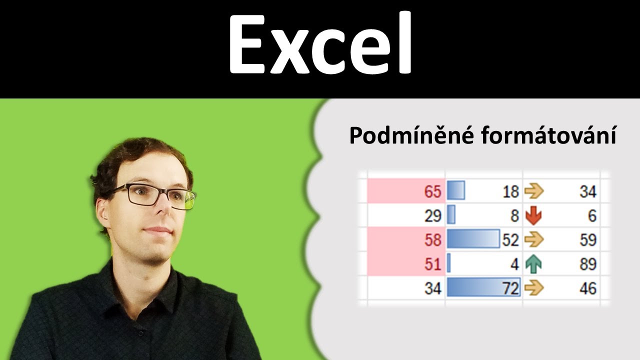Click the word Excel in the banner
[320, 45]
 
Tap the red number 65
[432, 191]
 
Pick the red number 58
[432, 240]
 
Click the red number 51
[432, 264]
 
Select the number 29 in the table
[432, 216]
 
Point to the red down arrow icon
[533, 216]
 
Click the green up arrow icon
[533, 264]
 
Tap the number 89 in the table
[587, 264]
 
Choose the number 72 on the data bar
[510, 288]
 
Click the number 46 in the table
[587, 288]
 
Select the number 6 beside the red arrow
[592, 216]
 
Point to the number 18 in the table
[510, 191]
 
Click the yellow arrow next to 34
[533, 191]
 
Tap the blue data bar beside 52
[472, 239]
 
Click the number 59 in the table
[587, 240]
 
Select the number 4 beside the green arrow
[515, 264]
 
